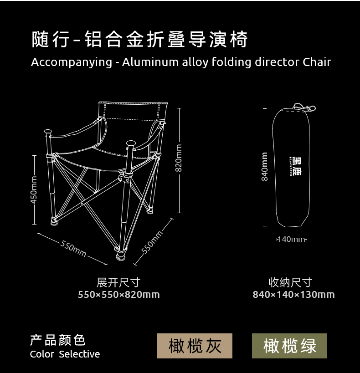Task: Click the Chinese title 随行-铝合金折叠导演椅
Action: [139, 40]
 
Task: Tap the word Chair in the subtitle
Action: [317, 62]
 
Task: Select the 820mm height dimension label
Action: [179, 158]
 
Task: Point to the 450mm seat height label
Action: [34, 190]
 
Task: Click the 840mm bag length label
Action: [265, 166]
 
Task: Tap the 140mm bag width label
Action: [292, 239]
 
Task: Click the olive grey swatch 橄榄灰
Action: [195, 346]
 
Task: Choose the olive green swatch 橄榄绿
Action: [289, 346]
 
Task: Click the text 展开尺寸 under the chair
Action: [118, 282]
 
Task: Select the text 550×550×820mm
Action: [118, 295]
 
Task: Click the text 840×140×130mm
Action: [293, 295]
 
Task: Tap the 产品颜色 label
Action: [58, 340]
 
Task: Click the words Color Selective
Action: [65, 354]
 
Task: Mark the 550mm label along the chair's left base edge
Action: [73, 248]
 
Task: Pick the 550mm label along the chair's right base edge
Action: [152, 241]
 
